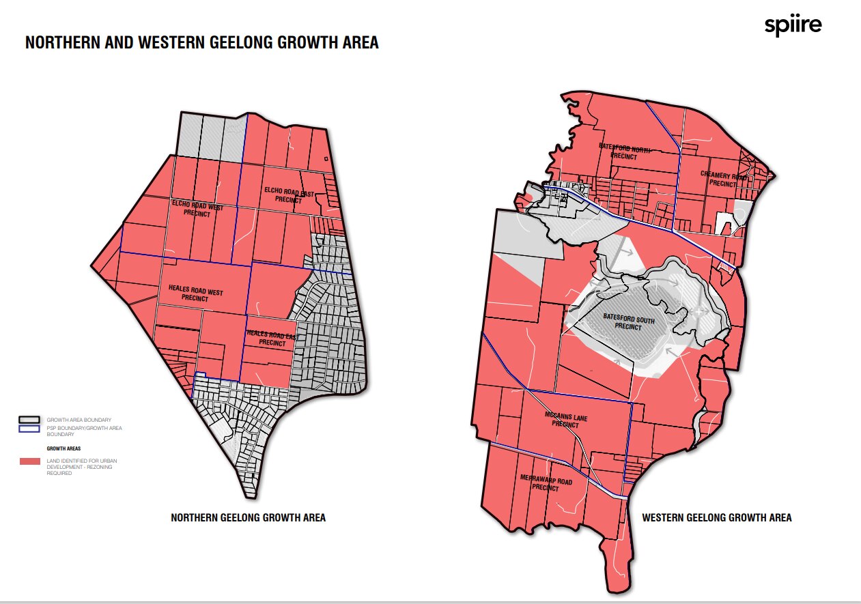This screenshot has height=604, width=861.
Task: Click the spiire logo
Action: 793,27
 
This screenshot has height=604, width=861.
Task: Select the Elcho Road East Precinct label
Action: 288,195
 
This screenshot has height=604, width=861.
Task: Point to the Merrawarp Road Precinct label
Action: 546,483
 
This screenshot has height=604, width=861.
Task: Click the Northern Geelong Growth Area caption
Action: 248,518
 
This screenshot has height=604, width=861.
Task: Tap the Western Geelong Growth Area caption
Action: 717,518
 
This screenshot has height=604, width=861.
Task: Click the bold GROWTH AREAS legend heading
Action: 63,448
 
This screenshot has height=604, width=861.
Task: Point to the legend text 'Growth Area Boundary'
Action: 79,419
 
